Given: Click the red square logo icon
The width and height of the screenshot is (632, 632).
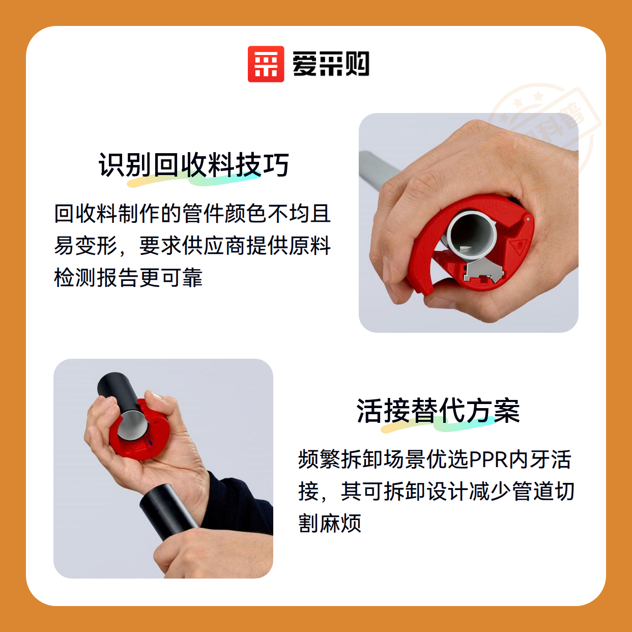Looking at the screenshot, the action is point(266,64).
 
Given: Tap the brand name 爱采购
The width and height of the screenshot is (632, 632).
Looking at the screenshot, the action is point(331,64).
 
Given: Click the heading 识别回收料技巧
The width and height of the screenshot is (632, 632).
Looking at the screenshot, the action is point(194,165).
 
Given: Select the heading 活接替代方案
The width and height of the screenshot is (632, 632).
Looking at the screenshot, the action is point(438,411).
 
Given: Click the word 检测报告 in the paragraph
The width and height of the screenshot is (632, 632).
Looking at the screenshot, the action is point(96,278).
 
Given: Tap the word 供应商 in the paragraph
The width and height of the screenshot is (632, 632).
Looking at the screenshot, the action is point(214,246).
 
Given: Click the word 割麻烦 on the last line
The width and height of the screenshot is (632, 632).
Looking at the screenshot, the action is point(330,523).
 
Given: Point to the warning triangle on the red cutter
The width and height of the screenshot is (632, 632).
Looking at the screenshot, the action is point(517,245).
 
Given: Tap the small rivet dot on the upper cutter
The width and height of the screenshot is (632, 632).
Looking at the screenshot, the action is point(528,219).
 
